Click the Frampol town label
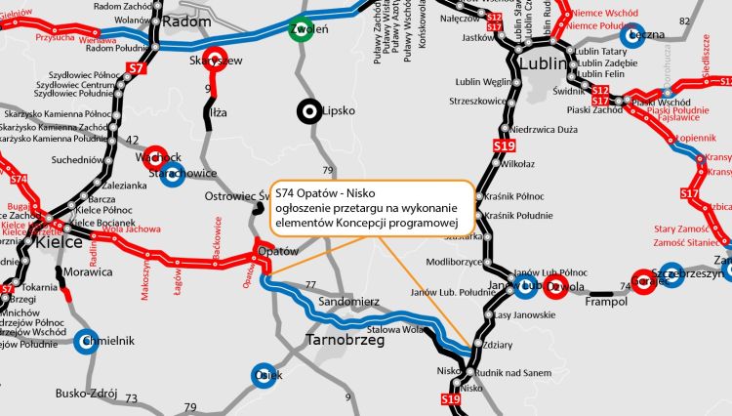click(x=577, y=302)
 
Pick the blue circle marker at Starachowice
click(x=172, y=175)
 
